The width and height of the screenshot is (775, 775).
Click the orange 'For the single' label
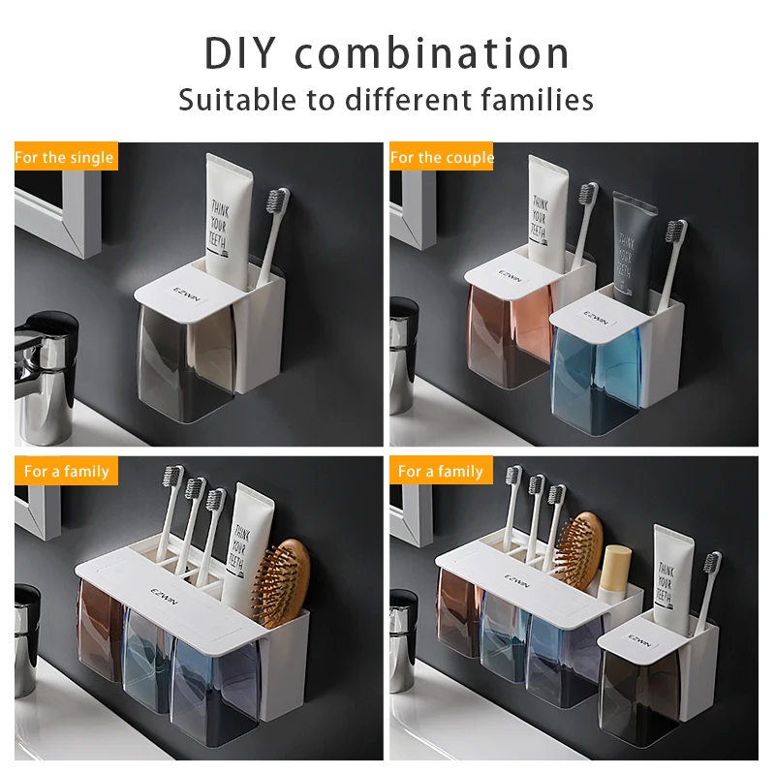[x=65, y=157]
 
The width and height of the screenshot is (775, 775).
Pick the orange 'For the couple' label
[x=442, y=157]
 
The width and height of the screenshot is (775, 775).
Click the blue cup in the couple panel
[x=599, y=373]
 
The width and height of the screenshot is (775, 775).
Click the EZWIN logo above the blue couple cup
[x=595, y=319]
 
